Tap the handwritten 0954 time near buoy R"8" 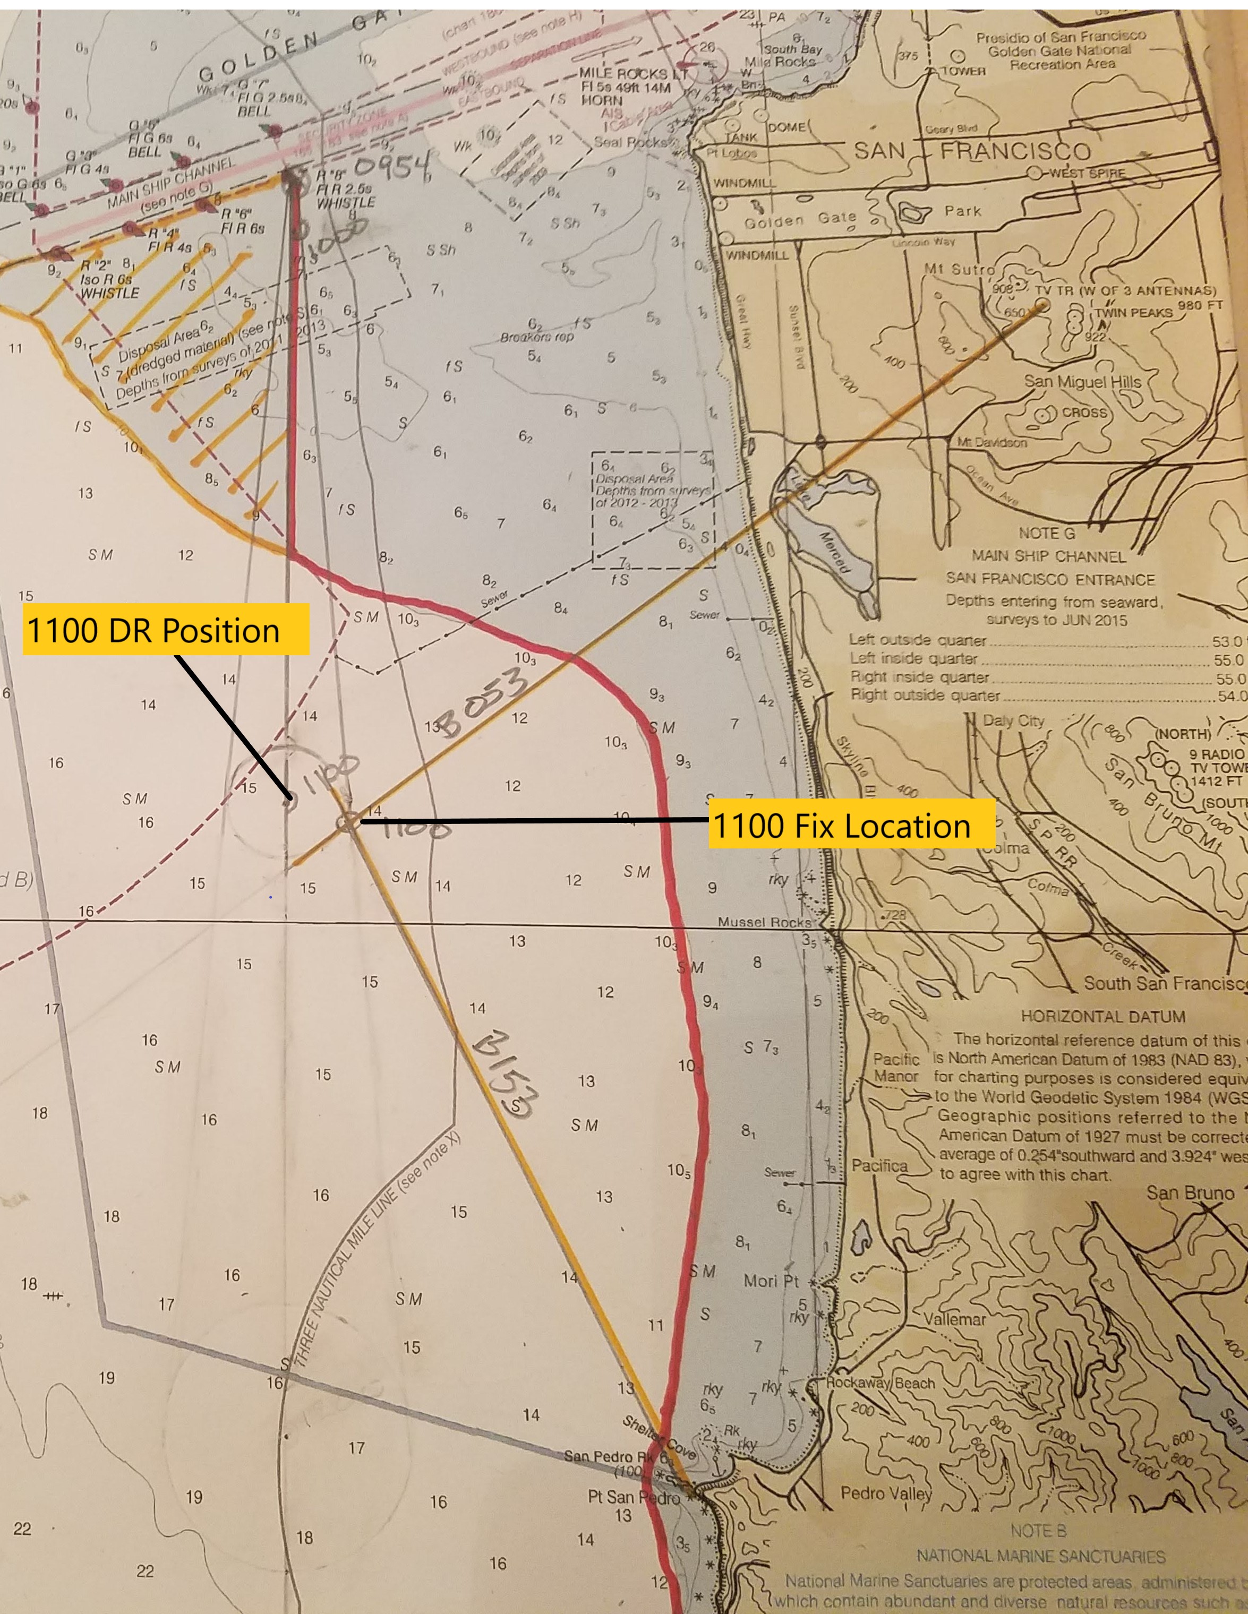[394, 171]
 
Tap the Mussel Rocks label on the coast [764, 922]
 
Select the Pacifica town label [879, 1165]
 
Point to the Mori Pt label [771, 1280]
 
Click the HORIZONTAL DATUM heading [1102, 1017]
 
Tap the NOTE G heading [1047, 534]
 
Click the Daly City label [1013, 720]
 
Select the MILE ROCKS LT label [632, 74]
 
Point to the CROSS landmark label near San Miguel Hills [1084, 413]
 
